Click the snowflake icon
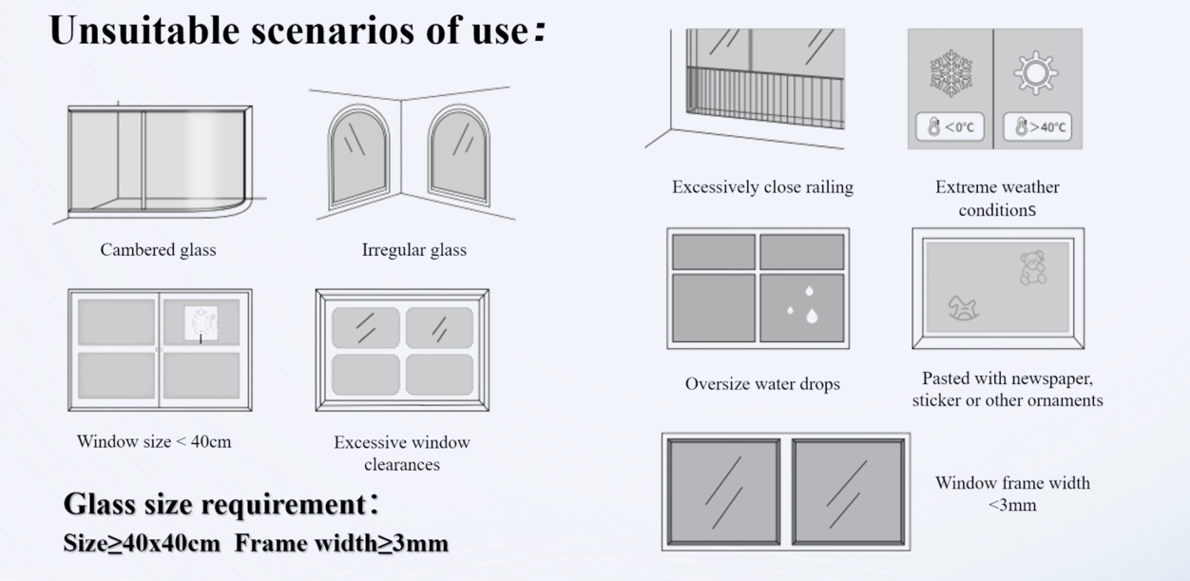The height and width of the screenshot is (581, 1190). (950, 73)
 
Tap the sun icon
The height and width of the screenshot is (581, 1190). (1035, 73)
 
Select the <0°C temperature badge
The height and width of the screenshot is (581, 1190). (950, 126)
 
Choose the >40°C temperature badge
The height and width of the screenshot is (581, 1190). (1038, 126)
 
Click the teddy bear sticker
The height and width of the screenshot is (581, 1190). (1033, 268)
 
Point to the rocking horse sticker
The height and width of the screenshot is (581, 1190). (963, 308)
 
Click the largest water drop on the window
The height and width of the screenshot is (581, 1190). (812, 317)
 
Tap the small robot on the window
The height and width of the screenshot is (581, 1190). (202, 322)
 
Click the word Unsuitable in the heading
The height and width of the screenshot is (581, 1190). (144, 30)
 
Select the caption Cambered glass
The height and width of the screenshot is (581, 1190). (159, 250)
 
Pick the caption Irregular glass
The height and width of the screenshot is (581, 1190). (414, 250)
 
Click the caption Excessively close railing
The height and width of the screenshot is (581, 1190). (763, 187)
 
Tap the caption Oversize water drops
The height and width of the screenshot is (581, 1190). (762, 384)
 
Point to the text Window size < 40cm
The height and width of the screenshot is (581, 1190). (154, 442)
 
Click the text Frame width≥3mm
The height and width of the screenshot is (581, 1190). (341, 543)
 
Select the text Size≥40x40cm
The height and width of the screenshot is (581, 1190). (142, 543)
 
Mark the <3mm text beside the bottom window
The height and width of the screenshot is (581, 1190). (1012, 505)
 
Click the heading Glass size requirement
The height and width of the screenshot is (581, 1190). (214, 504)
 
